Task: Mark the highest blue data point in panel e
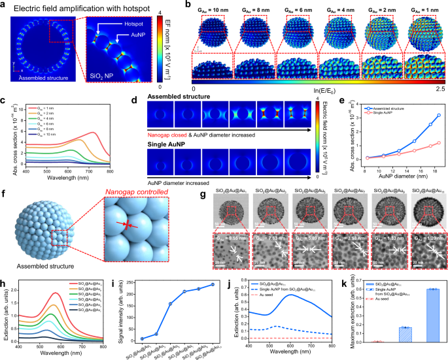pyautogui.click(x=438, y=115)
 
